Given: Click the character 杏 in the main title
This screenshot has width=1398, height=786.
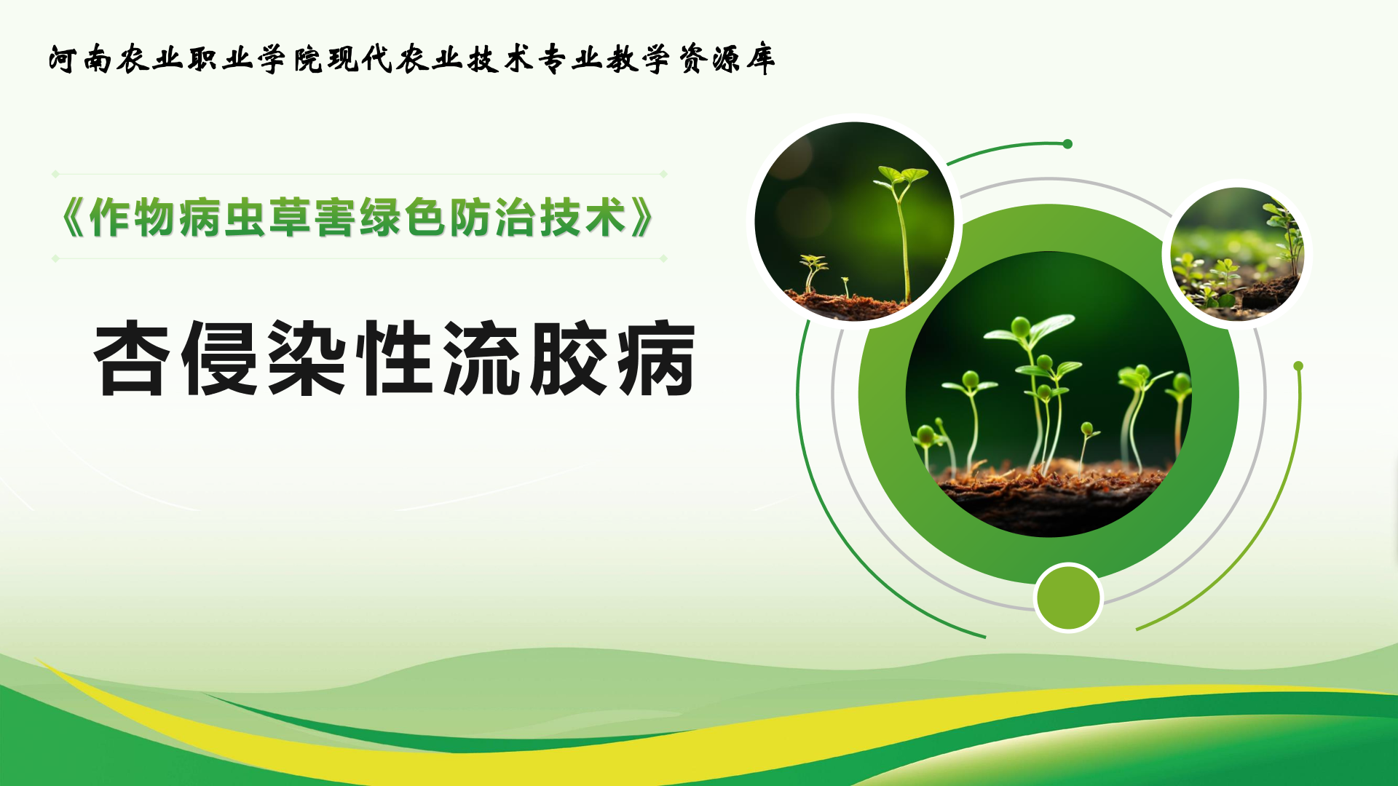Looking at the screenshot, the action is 132,358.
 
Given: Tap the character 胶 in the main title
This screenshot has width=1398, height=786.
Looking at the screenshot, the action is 569,358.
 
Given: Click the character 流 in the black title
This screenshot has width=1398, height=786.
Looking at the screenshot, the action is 481,358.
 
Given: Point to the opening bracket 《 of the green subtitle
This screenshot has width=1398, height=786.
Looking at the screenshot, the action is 73,218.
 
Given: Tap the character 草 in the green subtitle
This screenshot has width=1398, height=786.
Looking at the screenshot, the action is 290,218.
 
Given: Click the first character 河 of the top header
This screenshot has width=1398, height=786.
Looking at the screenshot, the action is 63,59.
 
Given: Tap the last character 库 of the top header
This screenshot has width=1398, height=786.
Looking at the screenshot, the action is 760,59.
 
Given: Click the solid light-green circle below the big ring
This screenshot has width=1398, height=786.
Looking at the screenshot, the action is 1068,598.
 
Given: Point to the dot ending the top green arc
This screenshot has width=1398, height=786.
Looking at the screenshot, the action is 1067,144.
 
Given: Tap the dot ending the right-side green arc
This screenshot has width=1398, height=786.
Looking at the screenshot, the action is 1298,366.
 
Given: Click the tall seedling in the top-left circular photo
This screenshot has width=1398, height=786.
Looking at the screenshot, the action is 903,233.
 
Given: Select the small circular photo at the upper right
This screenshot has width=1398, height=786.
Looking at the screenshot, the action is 1237,254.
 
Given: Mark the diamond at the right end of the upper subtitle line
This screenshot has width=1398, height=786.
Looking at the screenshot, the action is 663,174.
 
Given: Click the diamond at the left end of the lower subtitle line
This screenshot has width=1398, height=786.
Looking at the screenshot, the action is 55,258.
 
